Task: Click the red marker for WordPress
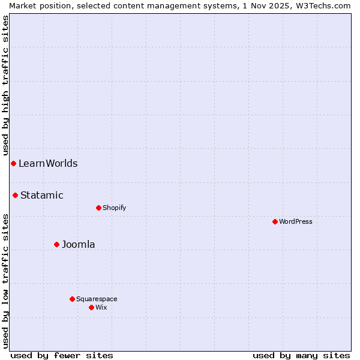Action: coord(275,221)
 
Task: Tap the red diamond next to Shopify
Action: coord(98,208)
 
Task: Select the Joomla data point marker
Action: coord(56,244)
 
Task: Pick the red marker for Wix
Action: coord(91,307)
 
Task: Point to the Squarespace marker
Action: coord(72,299)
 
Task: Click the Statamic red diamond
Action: coord(15,195)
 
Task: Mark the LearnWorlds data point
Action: coord(13,163)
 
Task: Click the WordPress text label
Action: coord(296,221)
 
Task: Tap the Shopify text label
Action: coord(115,208)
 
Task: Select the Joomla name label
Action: coord(79,244)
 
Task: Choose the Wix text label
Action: coord(101,307)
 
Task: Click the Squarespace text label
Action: coord(97,299)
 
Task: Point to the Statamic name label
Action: coord(42,195)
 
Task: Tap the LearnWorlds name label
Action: coord(48,163)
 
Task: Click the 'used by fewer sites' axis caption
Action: coord(62,355)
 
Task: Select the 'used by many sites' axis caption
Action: coord(301,355)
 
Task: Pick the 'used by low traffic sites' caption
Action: coord(5,281)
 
